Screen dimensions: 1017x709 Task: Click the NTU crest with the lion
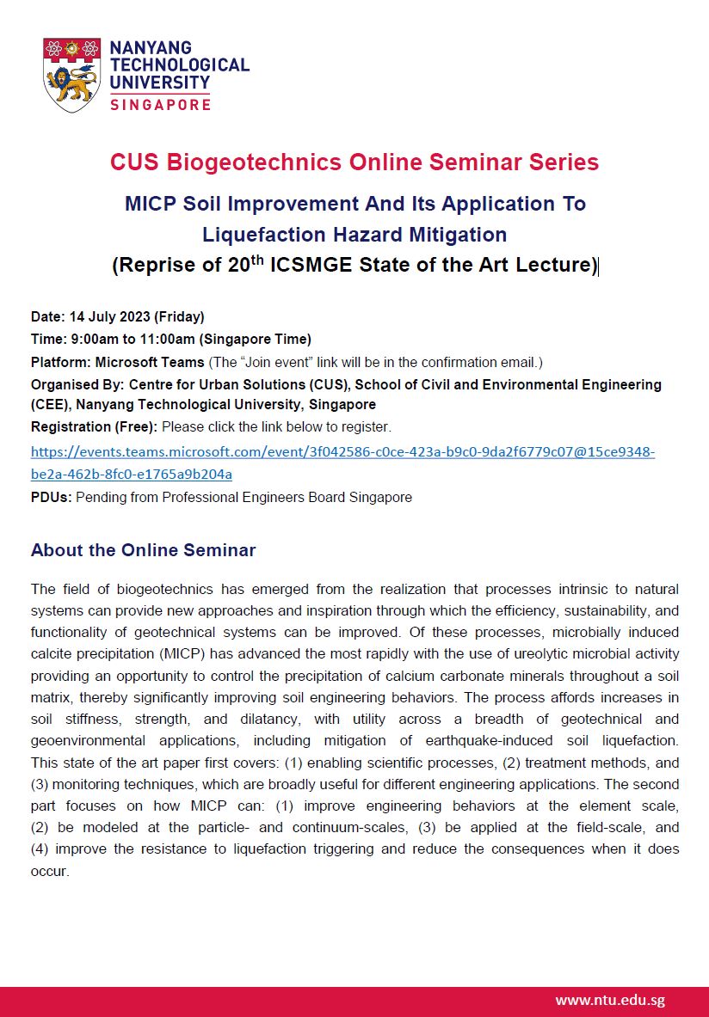(x=72, y=75)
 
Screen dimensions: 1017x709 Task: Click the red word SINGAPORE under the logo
(x=160, y=104)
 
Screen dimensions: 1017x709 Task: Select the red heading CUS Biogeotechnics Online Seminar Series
(x=354, y=162)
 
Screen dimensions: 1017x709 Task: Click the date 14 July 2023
(x=108, y=316)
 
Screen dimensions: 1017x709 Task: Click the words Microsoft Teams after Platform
(x=150, y=362)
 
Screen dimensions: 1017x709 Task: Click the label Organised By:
(x=77, y=384)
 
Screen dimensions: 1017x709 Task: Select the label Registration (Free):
(x=94, y=426)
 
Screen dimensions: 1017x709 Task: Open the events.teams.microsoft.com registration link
(x=342, y=451)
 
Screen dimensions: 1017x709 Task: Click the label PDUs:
(x=52, y=497)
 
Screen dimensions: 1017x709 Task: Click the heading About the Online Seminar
(x=143, y=550)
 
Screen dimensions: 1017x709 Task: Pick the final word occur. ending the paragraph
(x=49, y=871)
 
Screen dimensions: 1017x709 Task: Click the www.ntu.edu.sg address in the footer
(x=610, y=1000)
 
